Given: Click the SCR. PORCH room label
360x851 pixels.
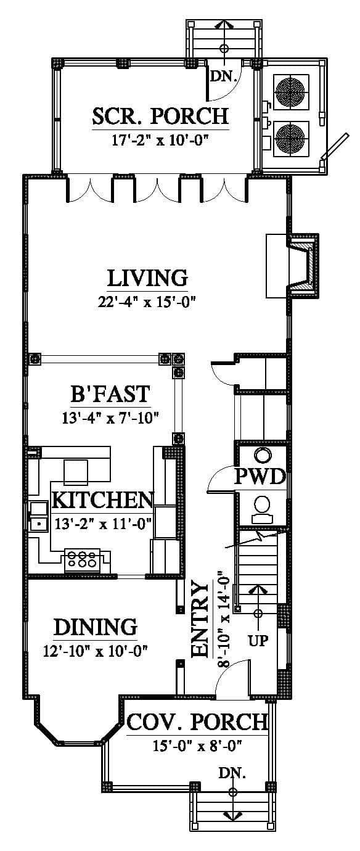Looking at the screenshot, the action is (x=161, y=117).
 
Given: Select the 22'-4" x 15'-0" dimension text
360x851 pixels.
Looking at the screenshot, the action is (x=147, y=302).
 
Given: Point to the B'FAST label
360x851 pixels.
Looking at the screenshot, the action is (x=110, y=394).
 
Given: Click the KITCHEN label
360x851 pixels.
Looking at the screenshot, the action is (x=103, y=500).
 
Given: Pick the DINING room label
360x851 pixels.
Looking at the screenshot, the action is (x=96, y=627).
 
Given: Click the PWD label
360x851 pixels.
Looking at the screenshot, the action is (x=260, y=477).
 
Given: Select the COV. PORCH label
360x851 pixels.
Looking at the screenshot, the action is (x=197, y=722).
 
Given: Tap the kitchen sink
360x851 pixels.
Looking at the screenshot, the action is (x=38, y=516).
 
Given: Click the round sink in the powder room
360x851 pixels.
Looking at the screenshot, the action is (x=263, y=455).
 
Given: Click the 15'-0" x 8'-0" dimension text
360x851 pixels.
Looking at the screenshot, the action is (x=197, y=746).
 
